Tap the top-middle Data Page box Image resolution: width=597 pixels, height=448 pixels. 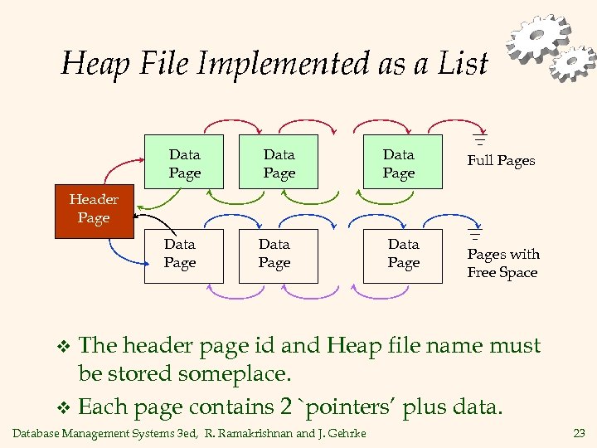pyautogui.click(x=279, y=163)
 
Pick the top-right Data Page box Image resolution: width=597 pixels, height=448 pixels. pyautogui.click(x=398, y=163)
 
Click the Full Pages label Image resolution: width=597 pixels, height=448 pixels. pyautogui.click(x=501, y=161)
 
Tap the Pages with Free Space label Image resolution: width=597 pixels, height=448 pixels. pyautogui.click(x=502, y=263)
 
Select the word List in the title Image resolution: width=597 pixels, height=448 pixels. pyautogui.click(x=464, y=64)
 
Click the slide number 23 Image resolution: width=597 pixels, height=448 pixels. pyautogui.click(x=579, y=432)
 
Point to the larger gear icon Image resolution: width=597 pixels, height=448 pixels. pyautogui.click(x=540, y=37)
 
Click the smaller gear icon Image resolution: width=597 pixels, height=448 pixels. pyautogui.click(x=574, y=64)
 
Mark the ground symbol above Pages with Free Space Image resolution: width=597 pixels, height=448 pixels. pyautogui.click(x=474, y=235)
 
